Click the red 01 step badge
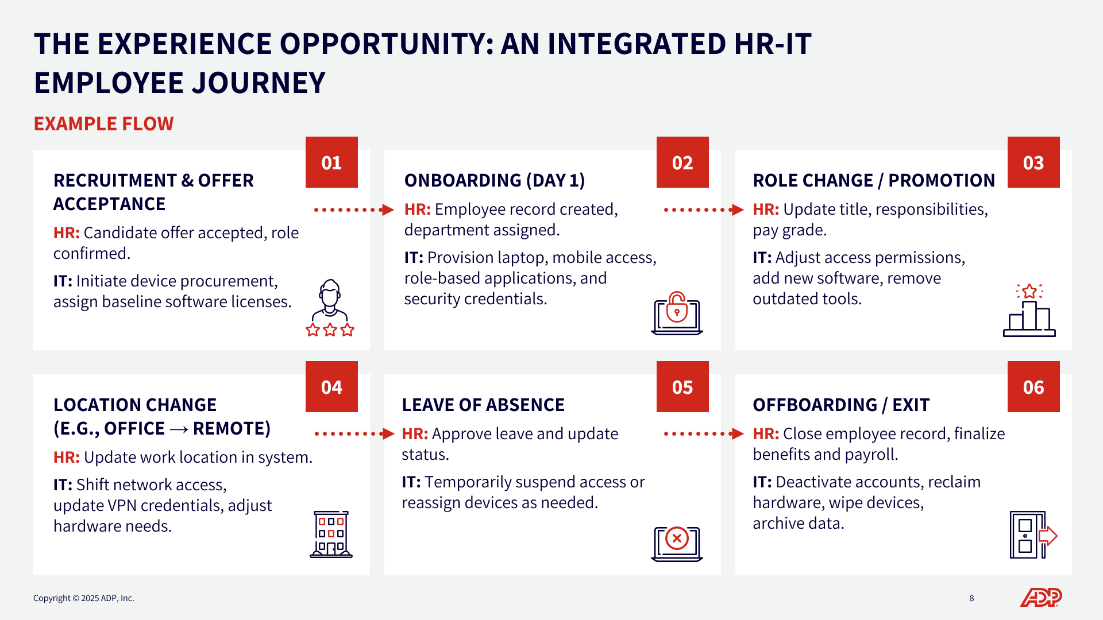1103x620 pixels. pyautogui.click(x=331, y=162)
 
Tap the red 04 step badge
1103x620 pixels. pyautogui.click(x=331, y=387)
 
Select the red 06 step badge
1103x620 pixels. pyautogui.click(x=1033, y=387)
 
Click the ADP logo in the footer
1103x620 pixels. pyautogui.click(x=1041, y=598)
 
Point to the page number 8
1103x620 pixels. pyautogui.click(x=972, y=598)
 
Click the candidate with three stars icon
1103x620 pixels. pyautogui.click(x=330, y=308)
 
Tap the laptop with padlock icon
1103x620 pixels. pyautogui.click(x=677, y=313)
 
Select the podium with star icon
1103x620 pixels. pyautogui.click(x=1029, y=310)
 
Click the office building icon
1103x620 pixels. pyautogui.click(x=331, y=534)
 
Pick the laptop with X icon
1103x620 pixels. pyautogui.click(x=677, y=544)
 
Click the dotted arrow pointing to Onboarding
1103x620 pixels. pyautogui.click(x=354, y=210)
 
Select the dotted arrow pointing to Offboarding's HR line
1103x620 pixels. pyautogui.click(x=704, y=434)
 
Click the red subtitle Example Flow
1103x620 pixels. pyautogui.click(x=103, y=124)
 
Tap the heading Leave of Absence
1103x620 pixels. pyautogui.click(x=483, y=405)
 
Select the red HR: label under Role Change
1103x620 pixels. pyautogui.click(x=766, y=210)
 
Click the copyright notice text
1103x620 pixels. pyautogui.click(x=84, y=598)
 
